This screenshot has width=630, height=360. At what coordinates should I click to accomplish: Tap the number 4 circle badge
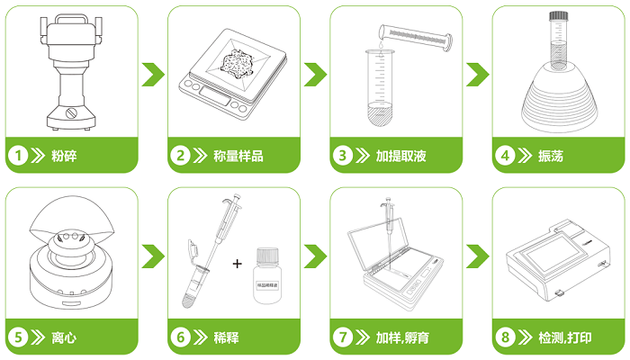pos(505,156)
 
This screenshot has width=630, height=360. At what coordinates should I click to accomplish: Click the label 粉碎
pos(64,156)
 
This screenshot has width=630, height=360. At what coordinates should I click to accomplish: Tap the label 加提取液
pos(400,156)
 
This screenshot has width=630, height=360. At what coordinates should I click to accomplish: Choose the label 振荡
pos(551,156)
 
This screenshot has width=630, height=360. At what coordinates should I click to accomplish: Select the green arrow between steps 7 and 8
pos(477,256)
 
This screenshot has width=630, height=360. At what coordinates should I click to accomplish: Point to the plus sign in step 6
pos(238,264)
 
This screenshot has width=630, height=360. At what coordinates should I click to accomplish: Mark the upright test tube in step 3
pos(378,90)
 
